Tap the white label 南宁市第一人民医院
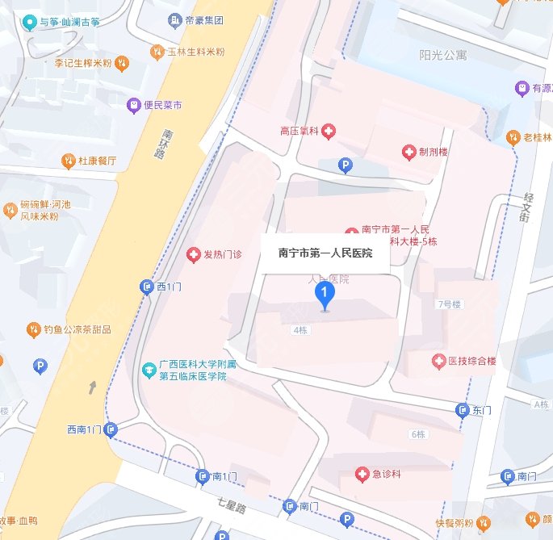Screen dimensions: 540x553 325,253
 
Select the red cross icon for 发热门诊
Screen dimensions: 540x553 194,256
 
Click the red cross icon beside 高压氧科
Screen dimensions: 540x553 329,130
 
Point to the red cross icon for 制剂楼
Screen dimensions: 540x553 409,152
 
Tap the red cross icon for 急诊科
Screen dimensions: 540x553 362,474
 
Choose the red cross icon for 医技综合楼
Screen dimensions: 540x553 438,361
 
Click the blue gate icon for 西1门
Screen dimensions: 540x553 147,287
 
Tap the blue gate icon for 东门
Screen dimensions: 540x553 463,410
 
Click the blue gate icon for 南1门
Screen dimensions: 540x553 202,476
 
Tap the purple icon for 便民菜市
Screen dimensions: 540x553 133,105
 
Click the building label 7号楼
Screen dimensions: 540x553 448,304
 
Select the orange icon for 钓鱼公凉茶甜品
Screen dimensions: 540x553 32,329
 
